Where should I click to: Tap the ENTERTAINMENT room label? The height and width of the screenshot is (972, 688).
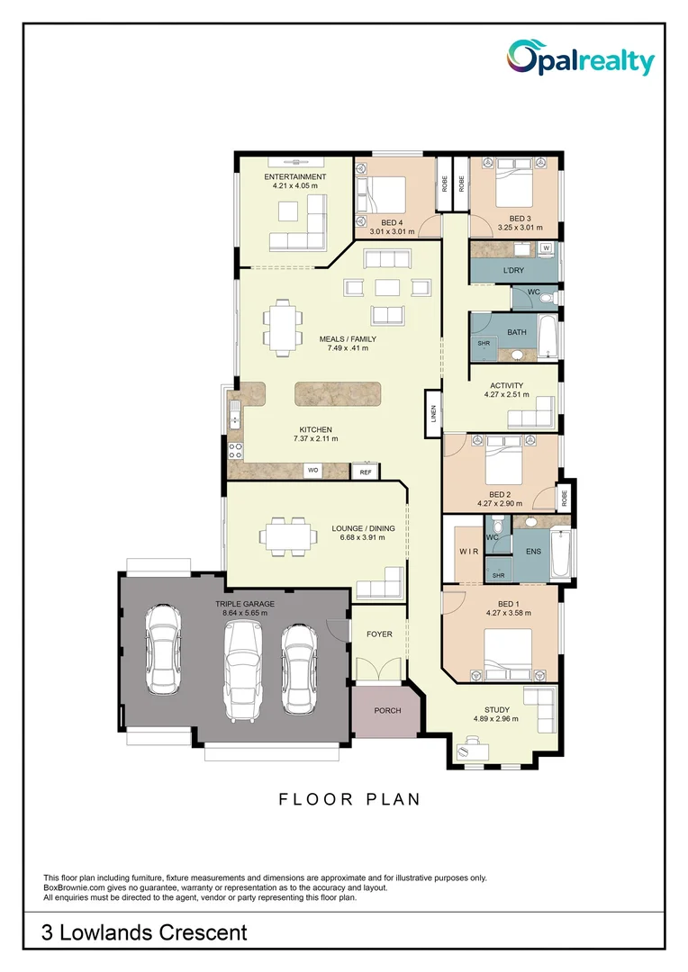click(294, 176)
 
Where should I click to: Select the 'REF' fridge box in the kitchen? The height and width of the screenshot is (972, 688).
click(366, 472)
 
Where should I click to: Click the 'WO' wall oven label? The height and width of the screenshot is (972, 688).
click(312, 470)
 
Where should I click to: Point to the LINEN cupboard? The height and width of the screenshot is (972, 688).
click(433, 413)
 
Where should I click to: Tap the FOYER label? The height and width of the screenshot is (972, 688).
click(379, 634)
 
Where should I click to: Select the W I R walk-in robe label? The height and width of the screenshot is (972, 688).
click(468, 550)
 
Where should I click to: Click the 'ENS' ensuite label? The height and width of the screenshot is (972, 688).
click(533, 550)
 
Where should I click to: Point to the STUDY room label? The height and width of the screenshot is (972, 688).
click(497, 709)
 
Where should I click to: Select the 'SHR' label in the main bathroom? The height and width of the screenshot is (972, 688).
click(484, 343)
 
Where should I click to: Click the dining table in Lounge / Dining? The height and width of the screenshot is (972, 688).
click(288, 535)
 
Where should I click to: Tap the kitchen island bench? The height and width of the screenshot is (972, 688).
click(338, 394)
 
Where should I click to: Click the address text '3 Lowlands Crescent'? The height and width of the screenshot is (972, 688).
click(144, 932)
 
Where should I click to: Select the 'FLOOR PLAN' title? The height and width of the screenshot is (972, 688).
click(349, 799)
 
